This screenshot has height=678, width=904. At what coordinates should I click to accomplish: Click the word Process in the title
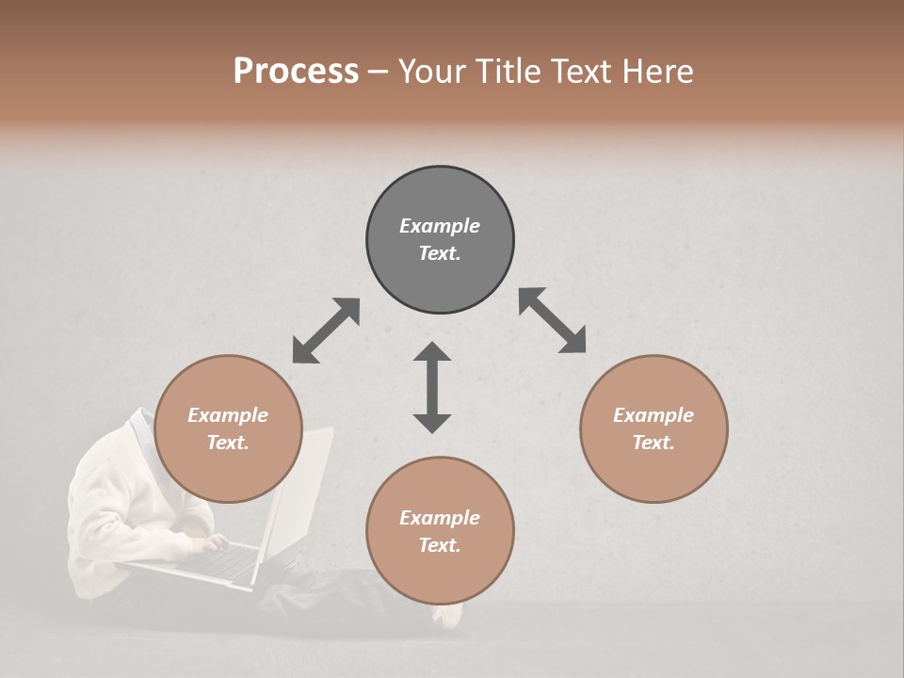pyautogui.click(x=296, y=72)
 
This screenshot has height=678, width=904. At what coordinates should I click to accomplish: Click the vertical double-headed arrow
pyautogui.click(x=432, y=387)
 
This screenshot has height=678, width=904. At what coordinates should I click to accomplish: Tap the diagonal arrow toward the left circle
pyautogui.click(x=326, y=331)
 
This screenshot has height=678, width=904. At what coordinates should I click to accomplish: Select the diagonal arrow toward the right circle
pyautogui.click(x=552, y=320)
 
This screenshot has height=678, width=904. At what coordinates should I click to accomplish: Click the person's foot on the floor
pyautogui.click(x=449, y=614)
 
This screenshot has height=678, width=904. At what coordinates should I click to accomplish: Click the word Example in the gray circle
pyautogui.click(x=440, y=226)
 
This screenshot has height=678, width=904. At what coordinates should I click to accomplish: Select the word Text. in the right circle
pyautogui.click(x=654, y=443)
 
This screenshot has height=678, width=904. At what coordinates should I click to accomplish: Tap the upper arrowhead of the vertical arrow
pyautogui.click(x=432, y=353)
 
